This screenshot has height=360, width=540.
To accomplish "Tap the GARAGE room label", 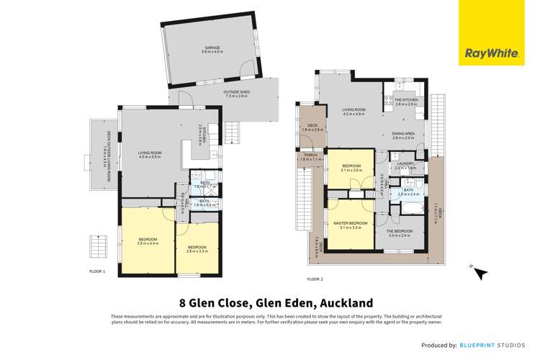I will [x=211, y=48].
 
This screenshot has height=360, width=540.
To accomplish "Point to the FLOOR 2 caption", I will [x=315, y=278].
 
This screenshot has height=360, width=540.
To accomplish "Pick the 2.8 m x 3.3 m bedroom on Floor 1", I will [x=197, y=248].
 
